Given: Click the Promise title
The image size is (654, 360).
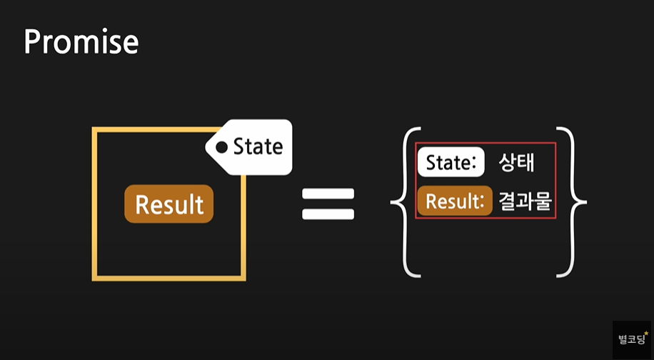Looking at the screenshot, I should (x=81, y=42).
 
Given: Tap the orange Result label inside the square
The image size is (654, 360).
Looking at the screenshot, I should (x=169, y=204).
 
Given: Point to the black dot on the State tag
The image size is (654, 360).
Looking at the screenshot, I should (x=222, y=148).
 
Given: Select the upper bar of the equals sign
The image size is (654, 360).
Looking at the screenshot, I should (x=328, y=194).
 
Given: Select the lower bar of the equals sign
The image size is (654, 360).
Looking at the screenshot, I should (x=328, y=213).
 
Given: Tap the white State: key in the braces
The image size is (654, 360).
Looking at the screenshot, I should (x=451, y=163).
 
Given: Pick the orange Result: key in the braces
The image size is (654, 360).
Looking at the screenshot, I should (x=455, y=201).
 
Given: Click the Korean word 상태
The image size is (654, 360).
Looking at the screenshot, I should (x=517, y=163).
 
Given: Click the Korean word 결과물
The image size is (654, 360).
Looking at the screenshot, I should (x=525, y=201).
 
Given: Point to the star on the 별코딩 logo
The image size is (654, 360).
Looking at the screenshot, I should (x=646, y=332).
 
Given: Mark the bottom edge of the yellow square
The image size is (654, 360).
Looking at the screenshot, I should (x=169, y=276).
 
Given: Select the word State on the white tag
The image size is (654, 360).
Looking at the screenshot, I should (x=258, y=147).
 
